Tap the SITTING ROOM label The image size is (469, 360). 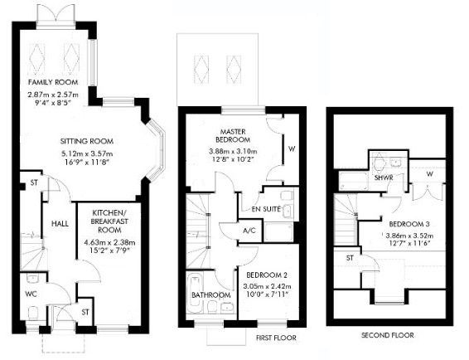(x=86, y=141)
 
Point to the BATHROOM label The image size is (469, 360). (x=210, y=294)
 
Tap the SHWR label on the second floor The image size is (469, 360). (x=383, y=178)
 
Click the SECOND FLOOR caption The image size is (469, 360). (x=386, y=335)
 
